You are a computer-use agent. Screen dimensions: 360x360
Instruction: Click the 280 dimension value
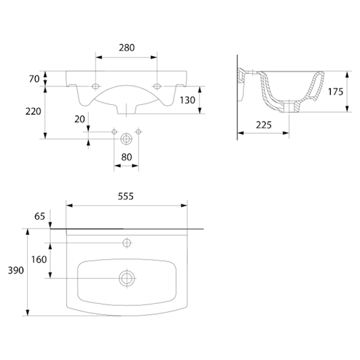pos(127,48)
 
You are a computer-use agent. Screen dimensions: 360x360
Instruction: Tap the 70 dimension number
pos(34,79)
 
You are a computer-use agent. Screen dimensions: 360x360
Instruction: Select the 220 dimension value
pos(33,111)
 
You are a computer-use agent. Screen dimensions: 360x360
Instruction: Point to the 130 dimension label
pos(187,101)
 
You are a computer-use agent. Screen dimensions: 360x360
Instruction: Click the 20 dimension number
pos(80,119)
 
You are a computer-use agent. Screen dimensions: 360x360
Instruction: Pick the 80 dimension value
pos(126,157)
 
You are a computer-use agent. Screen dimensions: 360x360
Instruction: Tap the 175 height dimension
pos(336,92)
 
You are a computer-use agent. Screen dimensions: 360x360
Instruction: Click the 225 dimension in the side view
pos(264,125)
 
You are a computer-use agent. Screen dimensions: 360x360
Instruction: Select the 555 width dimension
pos(126,197)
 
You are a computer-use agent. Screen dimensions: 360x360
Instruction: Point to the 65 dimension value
pos(40,216)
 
